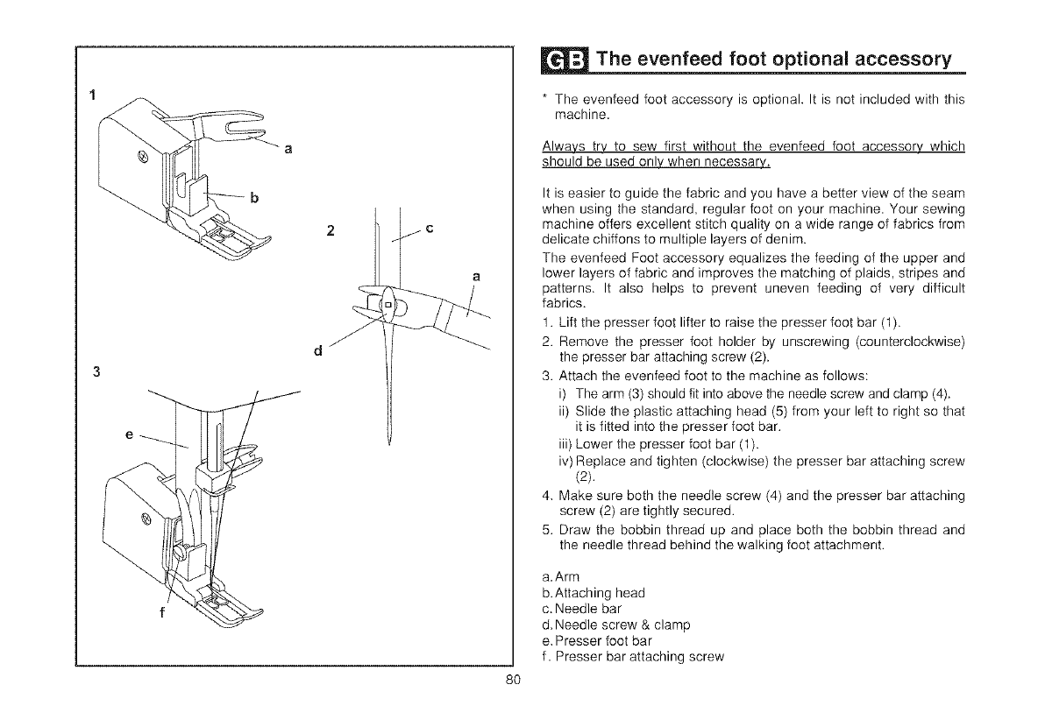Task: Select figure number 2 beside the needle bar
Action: [x=331, y=232]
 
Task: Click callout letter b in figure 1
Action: [x=253, y=196]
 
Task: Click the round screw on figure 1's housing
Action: [x=144, y=159]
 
